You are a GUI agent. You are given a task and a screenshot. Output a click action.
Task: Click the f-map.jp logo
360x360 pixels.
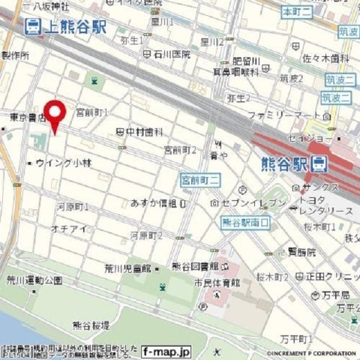click(166, 350)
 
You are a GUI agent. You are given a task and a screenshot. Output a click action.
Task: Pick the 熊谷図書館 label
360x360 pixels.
click(195, 266)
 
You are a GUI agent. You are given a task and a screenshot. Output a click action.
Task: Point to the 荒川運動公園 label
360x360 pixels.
click(32, 280)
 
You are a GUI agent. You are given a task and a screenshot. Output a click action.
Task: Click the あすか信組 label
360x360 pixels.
click(154, 203)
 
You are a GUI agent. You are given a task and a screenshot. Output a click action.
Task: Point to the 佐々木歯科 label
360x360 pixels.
click(325, 57)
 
